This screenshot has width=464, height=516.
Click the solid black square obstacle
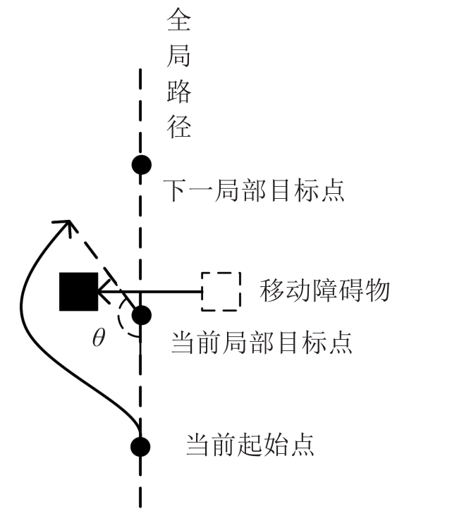tap(78, 291)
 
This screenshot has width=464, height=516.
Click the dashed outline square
tap(221, 291)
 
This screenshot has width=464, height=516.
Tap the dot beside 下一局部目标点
tap(141, 165)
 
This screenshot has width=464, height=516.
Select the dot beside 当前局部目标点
tap(141, 315)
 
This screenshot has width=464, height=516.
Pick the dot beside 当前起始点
tap(141, 446)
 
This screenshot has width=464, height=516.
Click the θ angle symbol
tap(99, 339)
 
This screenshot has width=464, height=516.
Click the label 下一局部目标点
tap(255, 190)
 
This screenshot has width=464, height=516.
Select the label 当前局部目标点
tap(262, 343)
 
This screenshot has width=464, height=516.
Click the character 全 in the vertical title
tap(178, 20)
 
